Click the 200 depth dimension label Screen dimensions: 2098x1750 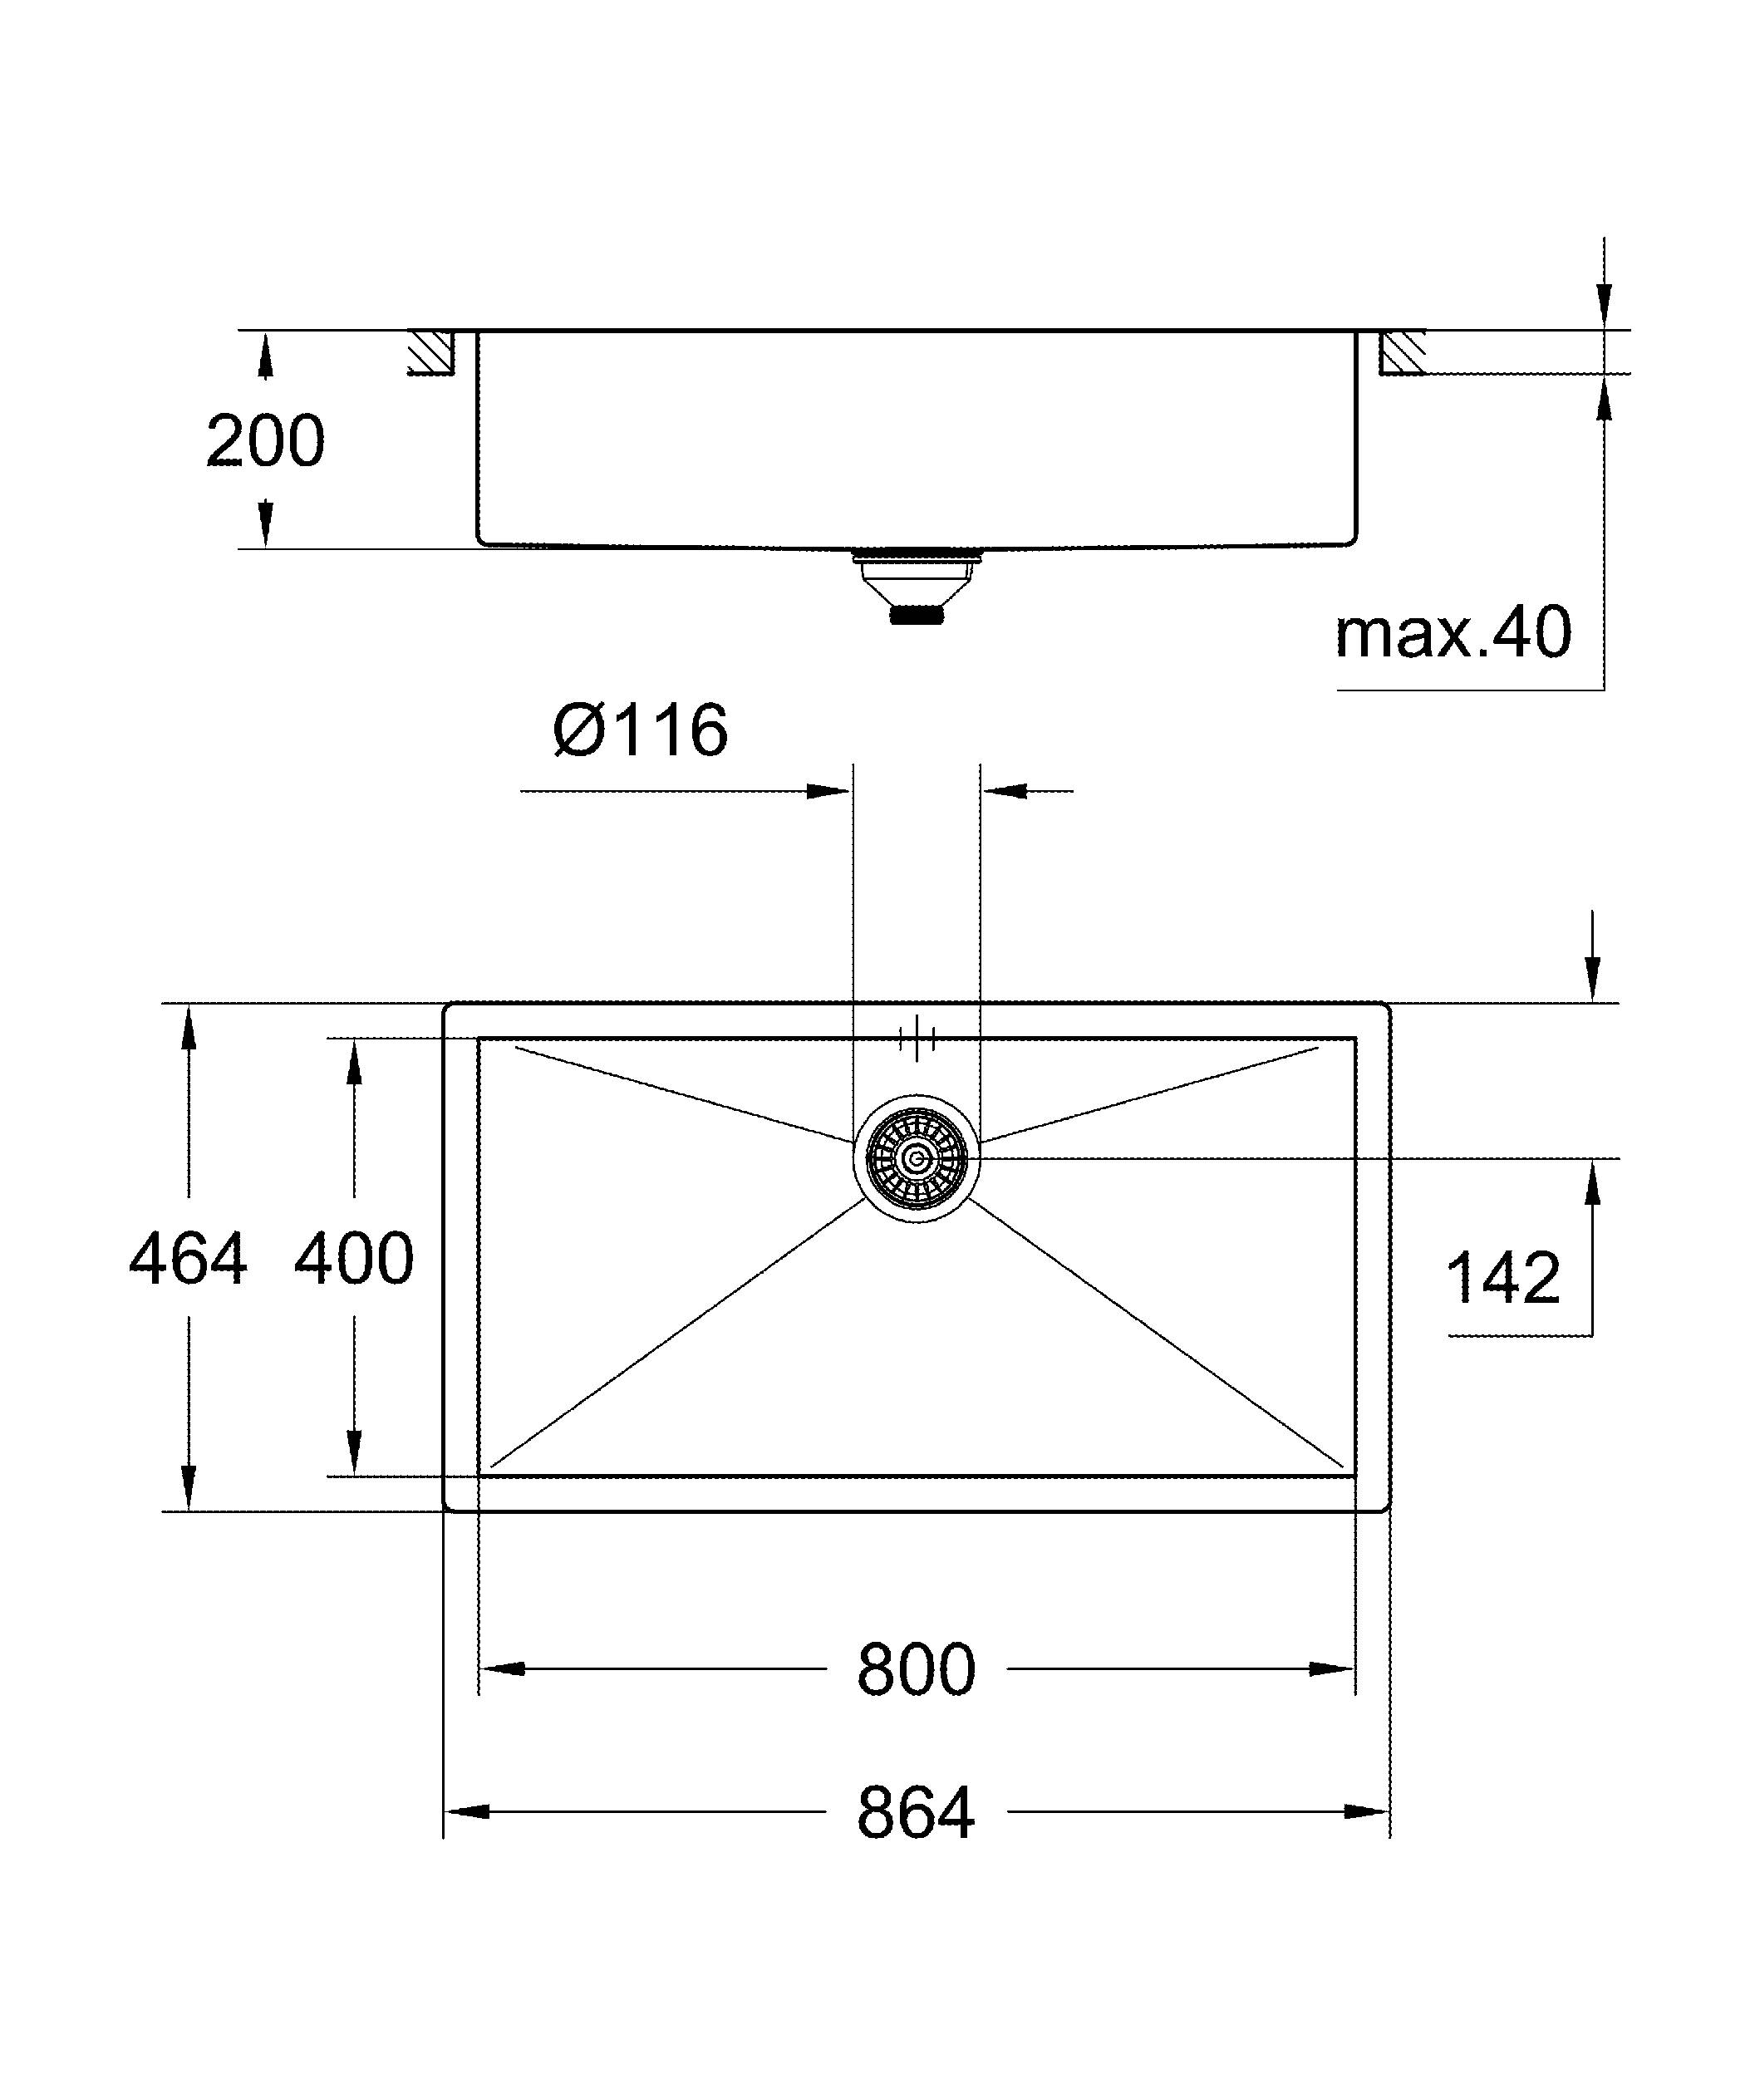click(265, 440)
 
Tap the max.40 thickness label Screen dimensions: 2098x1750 click(1453, 632)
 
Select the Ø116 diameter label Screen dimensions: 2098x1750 click(641, 730)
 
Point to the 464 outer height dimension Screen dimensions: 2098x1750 click(188, 1259)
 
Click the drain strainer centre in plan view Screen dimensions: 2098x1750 click(916, 1159)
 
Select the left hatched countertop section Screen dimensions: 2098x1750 click(431, 351)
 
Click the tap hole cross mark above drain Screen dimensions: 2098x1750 click(916, 1039)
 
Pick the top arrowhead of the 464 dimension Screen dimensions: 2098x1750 click(188, 1029)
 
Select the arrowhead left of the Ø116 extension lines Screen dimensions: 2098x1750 click(827, 791)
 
